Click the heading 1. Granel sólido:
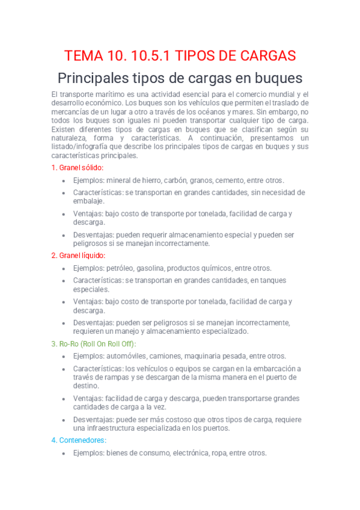coord(78,167)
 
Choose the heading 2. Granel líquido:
coord(78,255)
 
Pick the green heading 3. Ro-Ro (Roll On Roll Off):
coord(94,343)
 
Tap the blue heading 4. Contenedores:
coord(79,440)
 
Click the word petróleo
coord(123,268)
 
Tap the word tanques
coord(272,280)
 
